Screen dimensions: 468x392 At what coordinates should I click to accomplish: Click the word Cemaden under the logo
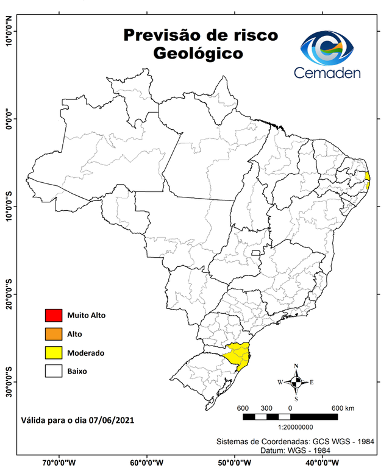[327, 73]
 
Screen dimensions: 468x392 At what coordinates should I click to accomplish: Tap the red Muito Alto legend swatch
[54, 315]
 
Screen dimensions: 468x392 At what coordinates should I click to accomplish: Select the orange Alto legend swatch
[54, 333]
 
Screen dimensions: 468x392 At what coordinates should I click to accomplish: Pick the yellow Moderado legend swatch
[54, 352]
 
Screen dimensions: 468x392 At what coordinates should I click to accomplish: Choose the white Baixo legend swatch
[54, 370]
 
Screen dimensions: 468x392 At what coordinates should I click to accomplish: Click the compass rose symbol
[296, 382]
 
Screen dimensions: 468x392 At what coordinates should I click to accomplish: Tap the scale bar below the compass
[290, 417]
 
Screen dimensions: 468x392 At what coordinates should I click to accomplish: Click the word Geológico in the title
[198, 54]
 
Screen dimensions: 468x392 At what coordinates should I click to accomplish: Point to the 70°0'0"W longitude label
[59, 461]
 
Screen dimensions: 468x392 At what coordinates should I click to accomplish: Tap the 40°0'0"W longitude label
[324, 461]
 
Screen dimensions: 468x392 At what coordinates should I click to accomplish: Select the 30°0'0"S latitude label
[9, 381]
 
